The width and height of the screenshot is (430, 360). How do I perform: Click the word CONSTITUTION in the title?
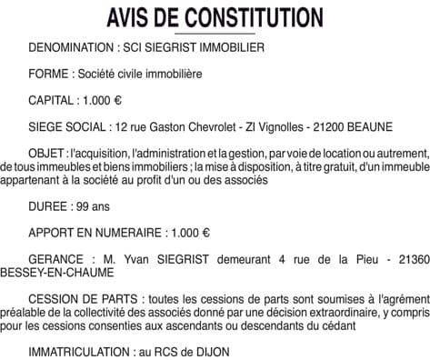coord(253,17)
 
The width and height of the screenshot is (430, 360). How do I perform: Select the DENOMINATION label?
coord(69,45)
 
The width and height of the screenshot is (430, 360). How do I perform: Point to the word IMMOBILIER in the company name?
coord(237,45)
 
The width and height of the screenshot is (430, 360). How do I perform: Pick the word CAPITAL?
coord(54,99)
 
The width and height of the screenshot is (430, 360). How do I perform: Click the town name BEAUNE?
coord(374,126)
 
